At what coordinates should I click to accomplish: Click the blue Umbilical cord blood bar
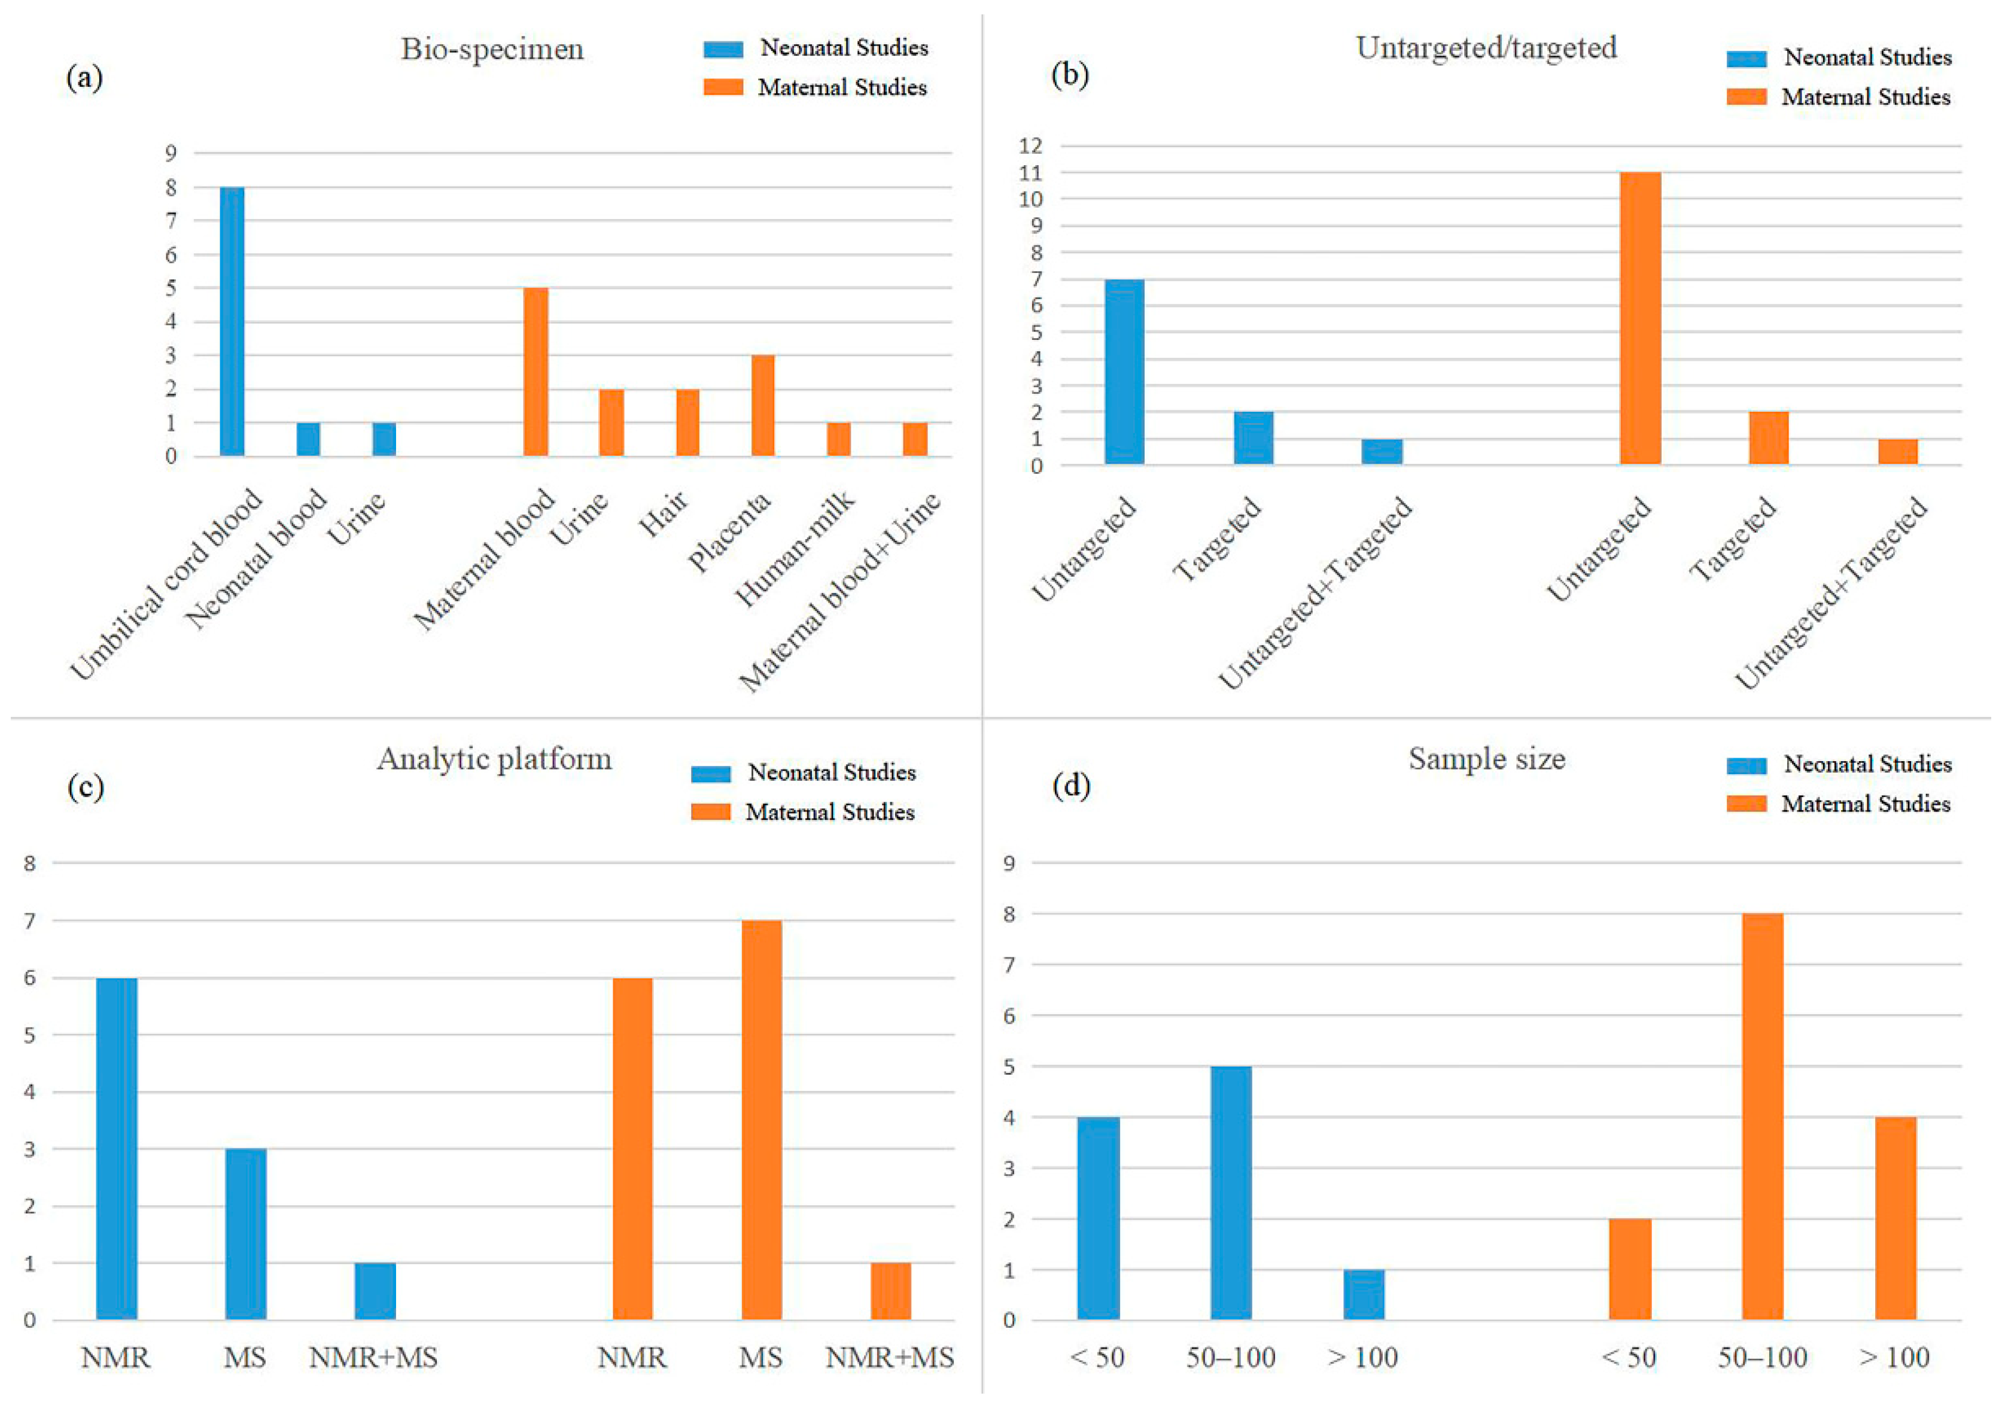[232, 321]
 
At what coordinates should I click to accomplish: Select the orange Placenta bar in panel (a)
[763, 406]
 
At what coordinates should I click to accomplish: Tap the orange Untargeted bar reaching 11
[1640, 318]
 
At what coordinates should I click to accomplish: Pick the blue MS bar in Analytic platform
[246, 1234]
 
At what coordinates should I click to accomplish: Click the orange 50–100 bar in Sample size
[1762, 1117]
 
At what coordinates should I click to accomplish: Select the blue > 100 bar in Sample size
[1364, 1294]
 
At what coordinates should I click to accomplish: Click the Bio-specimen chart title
[492, 50]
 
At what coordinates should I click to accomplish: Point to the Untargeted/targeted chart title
[1487, 47]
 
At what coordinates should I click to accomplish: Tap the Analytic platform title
[494, 759]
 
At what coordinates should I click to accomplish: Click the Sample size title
[1487, 759]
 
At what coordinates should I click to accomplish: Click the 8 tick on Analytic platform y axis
[31, 863]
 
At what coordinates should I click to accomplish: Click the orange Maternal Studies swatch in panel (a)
[724, 87]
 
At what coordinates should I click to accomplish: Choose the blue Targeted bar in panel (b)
[1253, 438]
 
